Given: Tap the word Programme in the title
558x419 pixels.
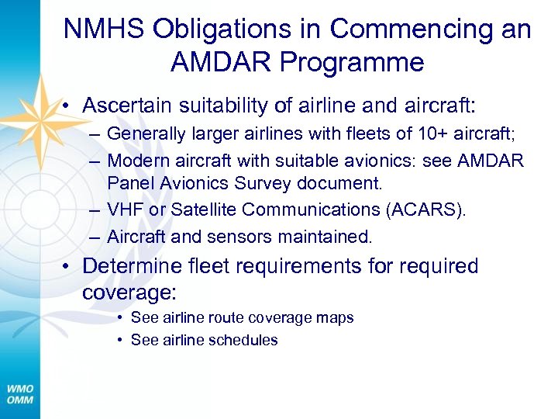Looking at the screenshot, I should tap(355, 62).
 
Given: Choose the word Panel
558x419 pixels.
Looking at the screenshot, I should tap(126, 184).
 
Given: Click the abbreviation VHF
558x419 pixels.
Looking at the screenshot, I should tap(122, 210).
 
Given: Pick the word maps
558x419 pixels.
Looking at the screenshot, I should tap(336, 318).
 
